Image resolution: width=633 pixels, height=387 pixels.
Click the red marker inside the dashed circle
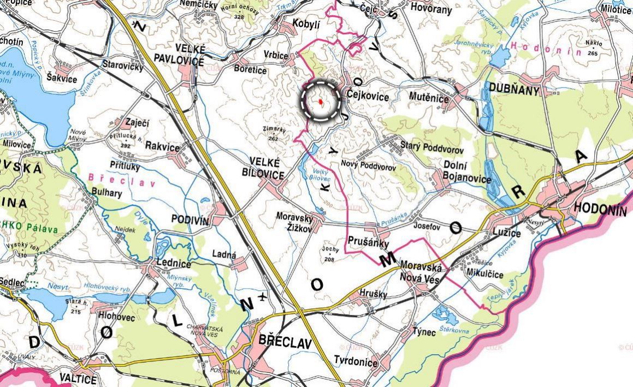[320, 102]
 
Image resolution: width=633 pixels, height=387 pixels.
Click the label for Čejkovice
[368, 97]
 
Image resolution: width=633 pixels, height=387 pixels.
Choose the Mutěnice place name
[429, 98]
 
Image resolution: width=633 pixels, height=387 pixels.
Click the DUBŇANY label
[514, 91]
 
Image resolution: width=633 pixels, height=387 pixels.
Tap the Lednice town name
[174, 264]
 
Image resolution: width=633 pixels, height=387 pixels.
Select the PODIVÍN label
[191, 219]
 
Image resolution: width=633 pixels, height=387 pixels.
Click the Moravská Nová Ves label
[421, 270]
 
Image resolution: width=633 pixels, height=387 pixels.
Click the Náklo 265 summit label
[593, 47]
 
